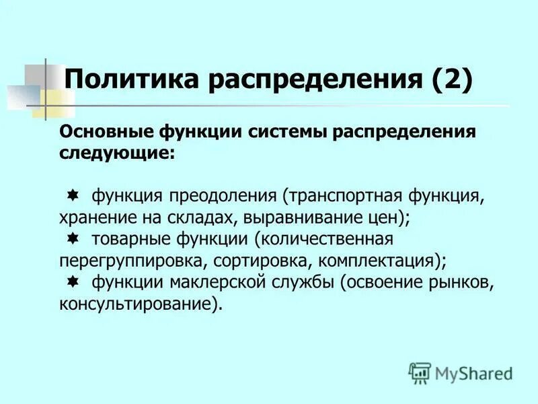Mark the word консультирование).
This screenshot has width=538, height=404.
[141, 304]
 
